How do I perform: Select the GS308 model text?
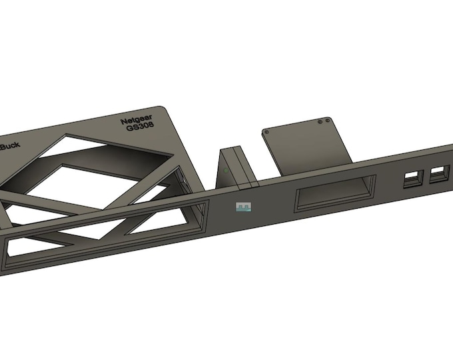(139, 131)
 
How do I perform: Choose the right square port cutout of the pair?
(439, 174)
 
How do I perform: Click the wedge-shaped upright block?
(233, 167)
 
